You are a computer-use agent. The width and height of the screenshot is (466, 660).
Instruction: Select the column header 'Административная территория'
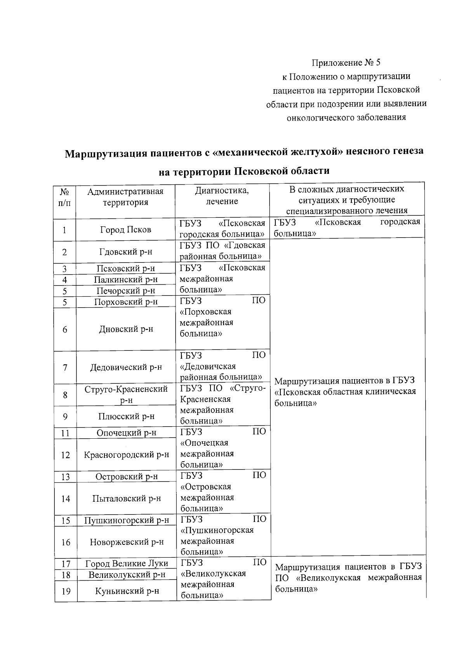click(x=125, y=197)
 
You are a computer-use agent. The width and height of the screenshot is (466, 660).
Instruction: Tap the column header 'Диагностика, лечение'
click(x=222, y=196)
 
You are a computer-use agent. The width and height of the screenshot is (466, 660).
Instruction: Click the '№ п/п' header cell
click(x=65, y=197)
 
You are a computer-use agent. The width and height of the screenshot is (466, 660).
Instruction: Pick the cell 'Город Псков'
click(x=125, y=229)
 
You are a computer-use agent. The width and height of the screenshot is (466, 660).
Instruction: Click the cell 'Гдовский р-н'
click(x=125, y=252)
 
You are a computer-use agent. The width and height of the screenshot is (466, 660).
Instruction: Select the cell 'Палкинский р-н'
click(x=125, y=279)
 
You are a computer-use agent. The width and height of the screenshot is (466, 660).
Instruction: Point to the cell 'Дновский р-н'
click(x=126, y=329)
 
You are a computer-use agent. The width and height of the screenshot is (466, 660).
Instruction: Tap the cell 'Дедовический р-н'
click(x=126, y=367)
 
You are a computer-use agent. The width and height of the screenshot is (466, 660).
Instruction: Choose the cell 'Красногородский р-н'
click(x=127, y=454)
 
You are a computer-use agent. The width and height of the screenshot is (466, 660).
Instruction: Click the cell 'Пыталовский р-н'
click(x=127, y=498)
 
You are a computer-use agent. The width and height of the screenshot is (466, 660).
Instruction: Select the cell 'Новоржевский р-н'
click(x=127, y=542)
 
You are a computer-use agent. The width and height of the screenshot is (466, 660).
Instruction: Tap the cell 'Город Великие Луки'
click(x=127, y=563)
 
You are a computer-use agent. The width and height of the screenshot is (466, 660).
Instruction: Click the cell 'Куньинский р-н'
click(x=127, y=591)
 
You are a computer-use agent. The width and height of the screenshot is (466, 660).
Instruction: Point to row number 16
click(x=66, y=542)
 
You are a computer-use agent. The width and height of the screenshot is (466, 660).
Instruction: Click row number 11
click(x=65, y=433)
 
